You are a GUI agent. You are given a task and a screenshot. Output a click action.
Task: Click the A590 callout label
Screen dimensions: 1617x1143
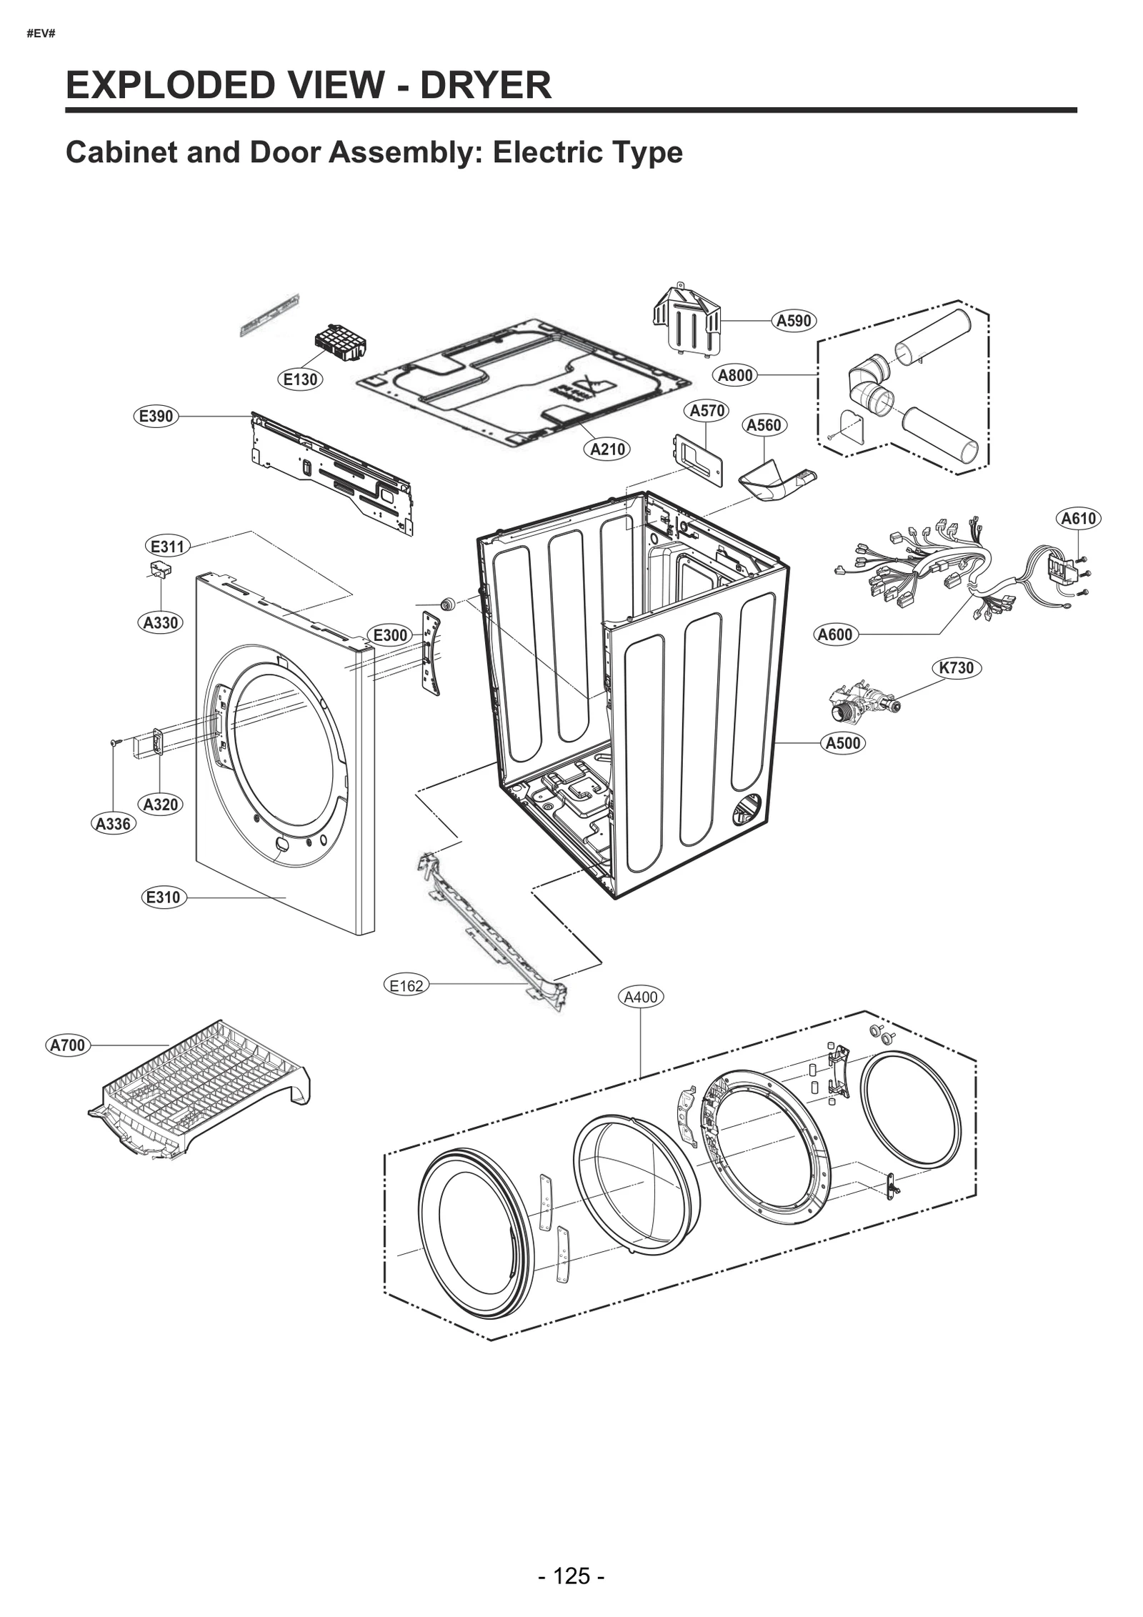click(794, 321)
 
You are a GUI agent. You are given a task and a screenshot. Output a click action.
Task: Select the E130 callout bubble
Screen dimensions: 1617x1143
click(300, 379)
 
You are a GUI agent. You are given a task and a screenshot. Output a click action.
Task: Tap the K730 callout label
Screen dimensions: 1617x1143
click(956, 667)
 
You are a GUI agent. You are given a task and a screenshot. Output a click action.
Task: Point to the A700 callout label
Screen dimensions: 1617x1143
click(68, 1045)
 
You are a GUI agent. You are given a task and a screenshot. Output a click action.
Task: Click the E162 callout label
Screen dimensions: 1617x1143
click(406, 986)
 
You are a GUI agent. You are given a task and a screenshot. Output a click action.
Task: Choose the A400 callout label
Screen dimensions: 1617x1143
click(640, 997)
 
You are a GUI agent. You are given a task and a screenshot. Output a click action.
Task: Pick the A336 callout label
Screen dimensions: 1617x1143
click(113, 824)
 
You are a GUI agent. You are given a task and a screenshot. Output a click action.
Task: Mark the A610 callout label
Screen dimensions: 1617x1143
click(1078, 518)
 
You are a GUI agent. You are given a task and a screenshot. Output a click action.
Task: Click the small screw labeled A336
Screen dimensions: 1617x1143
click(114, 744)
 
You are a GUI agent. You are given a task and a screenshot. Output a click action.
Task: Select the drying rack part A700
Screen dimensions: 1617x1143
click(200, 1090)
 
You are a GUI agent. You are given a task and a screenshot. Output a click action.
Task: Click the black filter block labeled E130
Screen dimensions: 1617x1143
click(340, 343)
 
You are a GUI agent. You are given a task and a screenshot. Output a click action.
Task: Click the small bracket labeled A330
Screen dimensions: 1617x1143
click(161, 569)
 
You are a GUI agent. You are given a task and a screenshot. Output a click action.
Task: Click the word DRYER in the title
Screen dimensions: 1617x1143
click(485, 85)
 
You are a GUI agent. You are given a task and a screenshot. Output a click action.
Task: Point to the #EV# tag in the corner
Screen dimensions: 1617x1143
click(41, 34)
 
